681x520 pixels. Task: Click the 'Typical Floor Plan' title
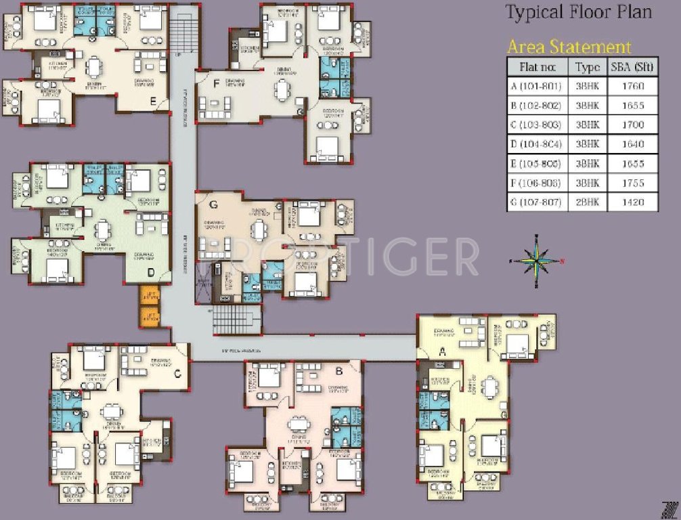tap(578, 13)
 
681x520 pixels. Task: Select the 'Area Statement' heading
tap(569, 47)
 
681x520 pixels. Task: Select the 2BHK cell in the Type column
tap(588, 202)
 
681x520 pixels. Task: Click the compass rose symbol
tap(536, 260)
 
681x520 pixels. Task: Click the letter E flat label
tap(154, 102)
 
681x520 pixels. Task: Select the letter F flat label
tap(216, 84)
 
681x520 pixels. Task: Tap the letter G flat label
tap(214, 203)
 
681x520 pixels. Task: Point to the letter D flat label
tap(151, 273)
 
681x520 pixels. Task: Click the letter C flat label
tap(177, 374)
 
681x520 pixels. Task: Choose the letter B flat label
tap(339, 370)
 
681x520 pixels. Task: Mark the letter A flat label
tap(443, 351)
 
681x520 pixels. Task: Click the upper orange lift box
tap(149, 295)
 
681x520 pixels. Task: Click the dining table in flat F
tap(281, 90)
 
